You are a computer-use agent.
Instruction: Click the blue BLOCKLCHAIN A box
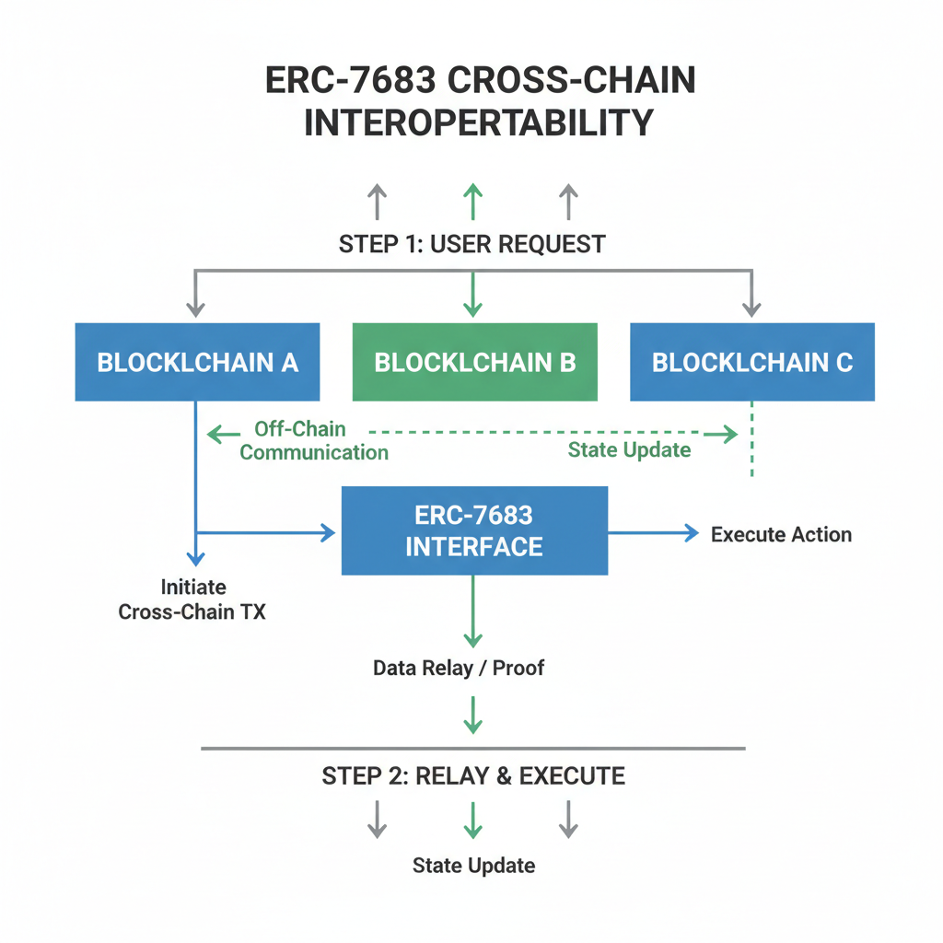click(197, 361)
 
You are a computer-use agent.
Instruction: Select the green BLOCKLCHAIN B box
click(474, 361)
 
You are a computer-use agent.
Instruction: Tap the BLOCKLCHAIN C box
click(751, 361)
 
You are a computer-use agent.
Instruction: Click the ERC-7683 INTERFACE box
click(474, 531)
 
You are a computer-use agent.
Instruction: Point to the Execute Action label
click(781, 534)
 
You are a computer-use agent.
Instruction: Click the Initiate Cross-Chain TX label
click(192, 599)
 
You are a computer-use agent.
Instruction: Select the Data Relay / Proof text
click(459, 668)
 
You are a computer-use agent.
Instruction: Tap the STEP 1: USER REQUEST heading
click(471, 244)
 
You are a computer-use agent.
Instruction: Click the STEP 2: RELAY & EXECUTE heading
click(473, 775)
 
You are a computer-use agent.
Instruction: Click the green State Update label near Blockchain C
click(629, 450)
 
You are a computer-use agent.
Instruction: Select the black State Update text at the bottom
click(473, 866)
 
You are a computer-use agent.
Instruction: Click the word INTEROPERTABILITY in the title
click(478, 122)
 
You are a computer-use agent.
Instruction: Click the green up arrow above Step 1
click(472, 200)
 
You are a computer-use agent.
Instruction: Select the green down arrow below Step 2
click(472, 819)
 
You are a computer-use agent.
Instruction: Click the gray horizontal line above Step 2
click(472, 749)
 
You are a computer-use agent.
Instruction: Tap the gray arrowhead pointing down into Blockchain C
click(752, 308)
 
